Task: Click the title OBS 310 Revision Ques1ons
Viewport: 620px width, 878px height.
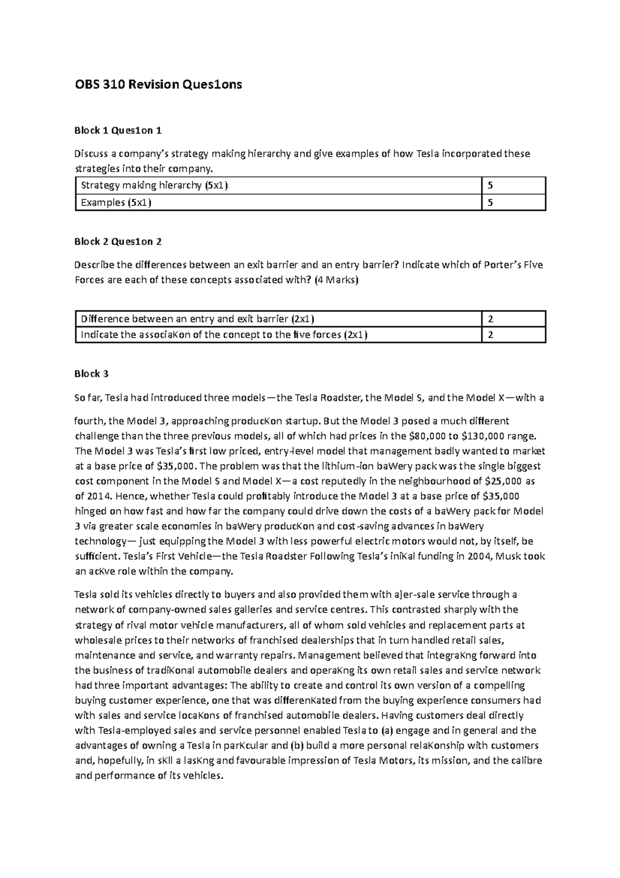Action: pos(158,85)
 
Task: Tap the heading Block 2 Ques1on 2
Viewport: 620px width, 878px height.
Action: pos(118,241)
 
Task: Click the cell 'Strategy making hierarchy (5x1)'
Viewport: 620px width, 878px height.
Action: pos(154,185)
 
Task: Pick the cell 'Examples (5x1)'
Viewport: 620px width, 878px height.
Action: pos(116,203)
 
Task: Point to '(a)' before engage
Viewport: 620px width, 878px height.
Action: pos(386,731)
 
